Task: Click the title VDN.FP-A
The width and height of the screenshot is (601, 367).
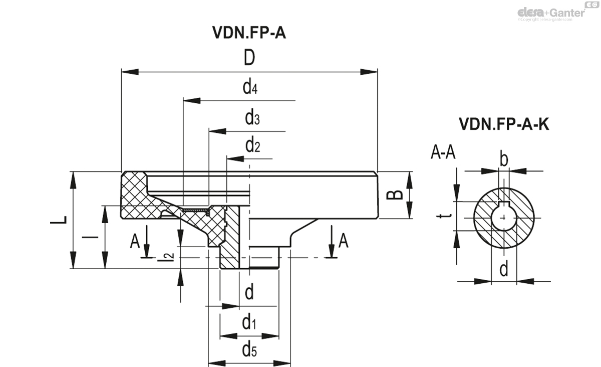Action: (249, 33)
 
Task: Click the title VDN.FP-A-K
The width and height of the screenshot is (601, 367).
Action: (503, 124)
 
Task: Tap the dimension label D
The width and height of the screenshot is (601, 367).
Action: (249, 59)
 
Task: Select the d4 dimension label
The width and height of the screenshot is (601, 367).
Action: (250, 88)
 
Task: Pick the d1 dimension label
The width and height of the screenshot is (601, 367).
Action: (249, 323)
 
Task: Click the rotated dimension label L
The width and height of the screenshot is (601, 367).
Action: (60, 220)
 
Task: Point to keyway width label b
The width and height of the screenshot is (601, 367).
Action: (504, 159)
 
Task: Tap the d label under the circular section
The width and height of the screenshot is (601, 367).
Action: (504, 270)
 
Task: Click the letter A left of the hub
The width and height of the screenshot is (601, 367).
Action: (135, 241)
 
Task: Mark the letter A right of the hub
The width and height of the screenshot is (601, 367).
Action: (343, 241)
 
